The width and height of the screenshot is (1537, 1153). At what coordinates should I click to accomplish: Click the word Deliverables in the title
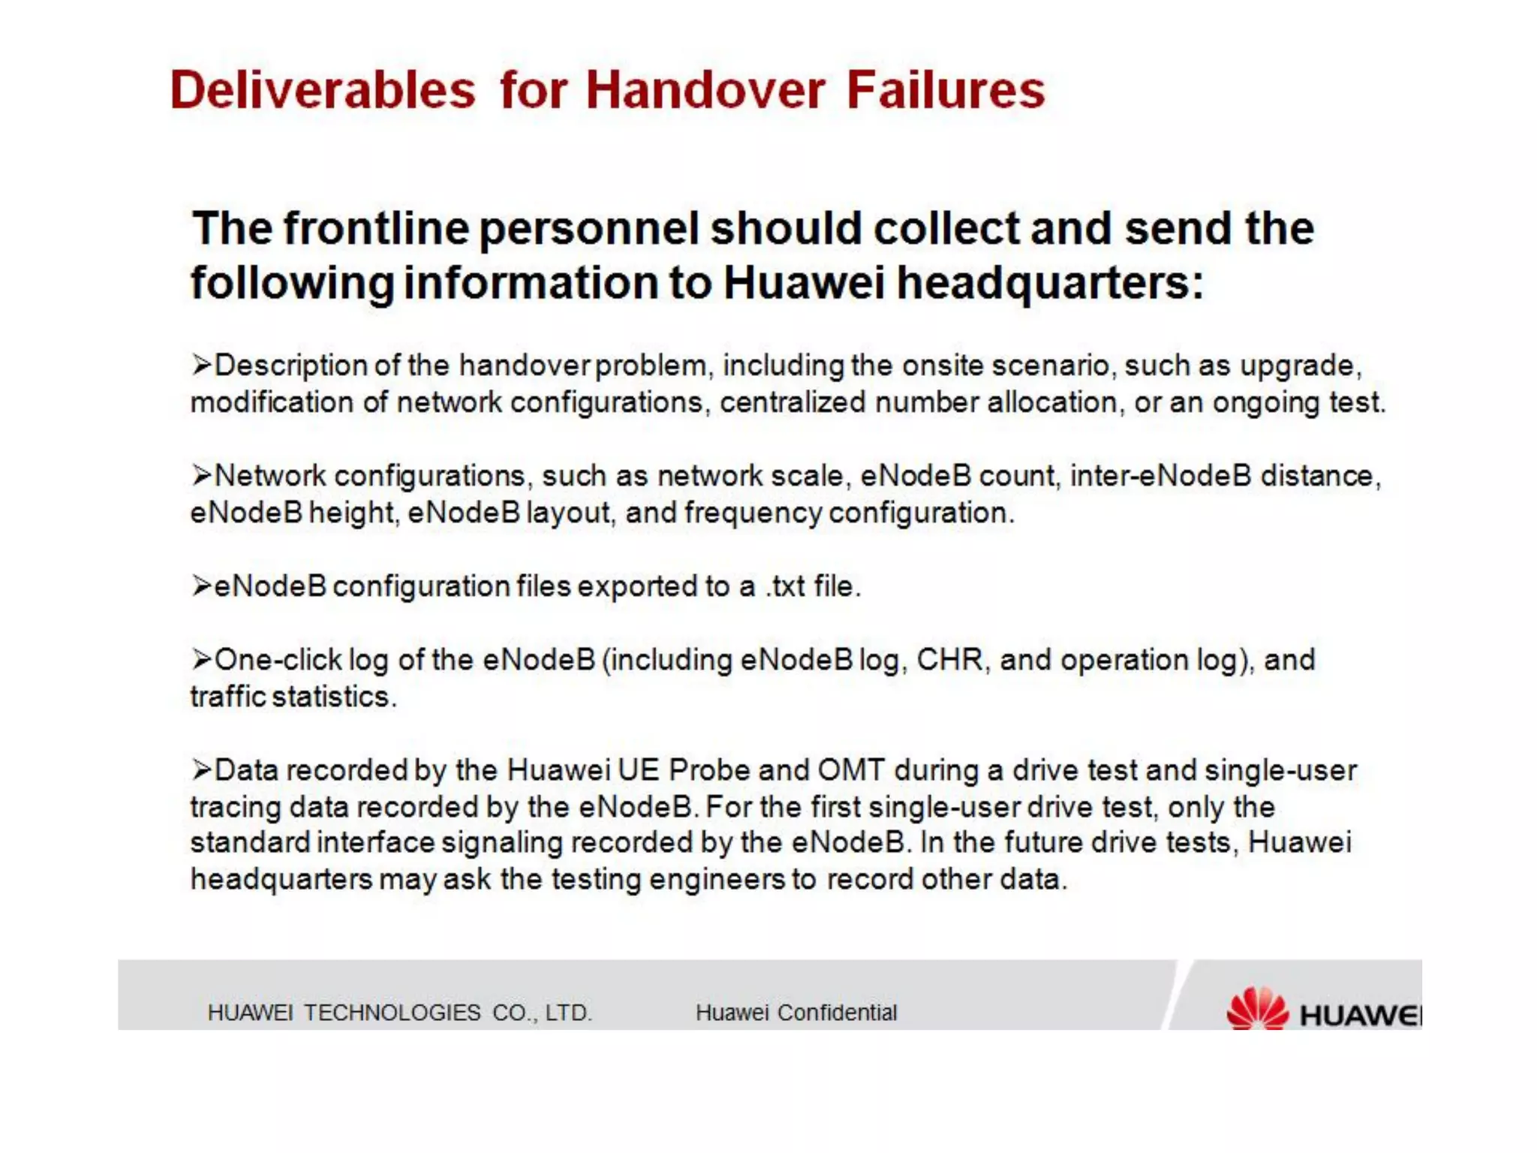point(323,90)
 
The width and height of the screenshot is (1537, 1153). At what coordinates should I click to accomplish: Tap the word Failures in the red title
point(946,90)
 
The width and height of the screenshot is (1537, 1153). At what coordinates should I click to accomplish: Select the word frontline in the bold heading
point(376,228)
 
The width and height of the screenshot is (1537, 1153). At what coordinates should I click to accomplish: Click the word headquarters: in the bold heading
point(1051,283)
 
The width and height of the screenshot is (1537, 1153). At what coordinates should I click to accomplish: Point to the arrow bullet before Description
point(201,366)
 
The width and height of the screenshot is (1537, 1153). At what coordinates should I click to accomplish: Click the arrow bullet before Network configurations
point(201,476)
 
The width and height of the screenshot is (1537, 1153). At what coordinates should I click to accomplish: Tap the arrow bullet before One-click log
point(201,660)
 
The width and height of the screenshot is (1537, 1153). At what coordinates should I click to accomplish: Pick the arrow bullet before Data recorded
point(201,770)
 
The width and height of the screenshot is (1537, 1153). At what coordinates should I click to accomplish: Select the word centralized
point(793,403)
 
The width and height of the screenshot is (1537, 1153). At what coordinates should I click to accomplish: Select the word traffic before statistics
point(227,697)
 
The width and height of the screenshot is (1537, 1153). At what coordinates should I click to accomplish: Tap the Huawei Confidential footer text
point(796,1013)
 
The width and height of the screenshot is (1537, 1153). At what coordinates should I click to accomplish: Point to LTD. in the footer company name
point(568,1013)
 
